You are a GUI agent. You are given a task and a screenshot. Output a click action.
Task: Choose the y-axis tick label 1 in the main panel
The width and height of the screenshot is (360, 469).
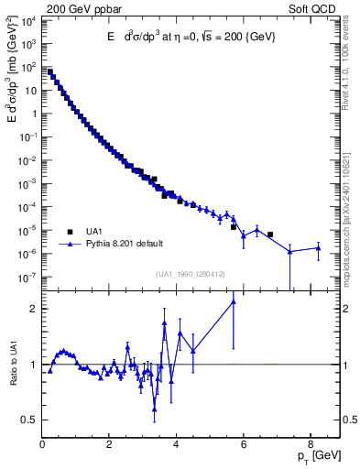(34, 114)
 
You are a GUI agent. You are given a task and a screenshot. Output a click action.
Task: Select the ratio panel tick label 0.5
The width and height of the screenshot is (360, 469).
(29, 420)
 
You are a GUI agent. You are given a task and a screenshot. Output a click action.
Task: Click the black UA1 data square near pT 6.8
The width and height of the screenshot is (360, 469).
(269, 234)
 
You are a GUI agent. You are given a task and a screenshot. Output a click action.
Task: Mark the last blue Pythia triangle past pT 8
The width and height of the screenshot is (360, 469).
(317, 247)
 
